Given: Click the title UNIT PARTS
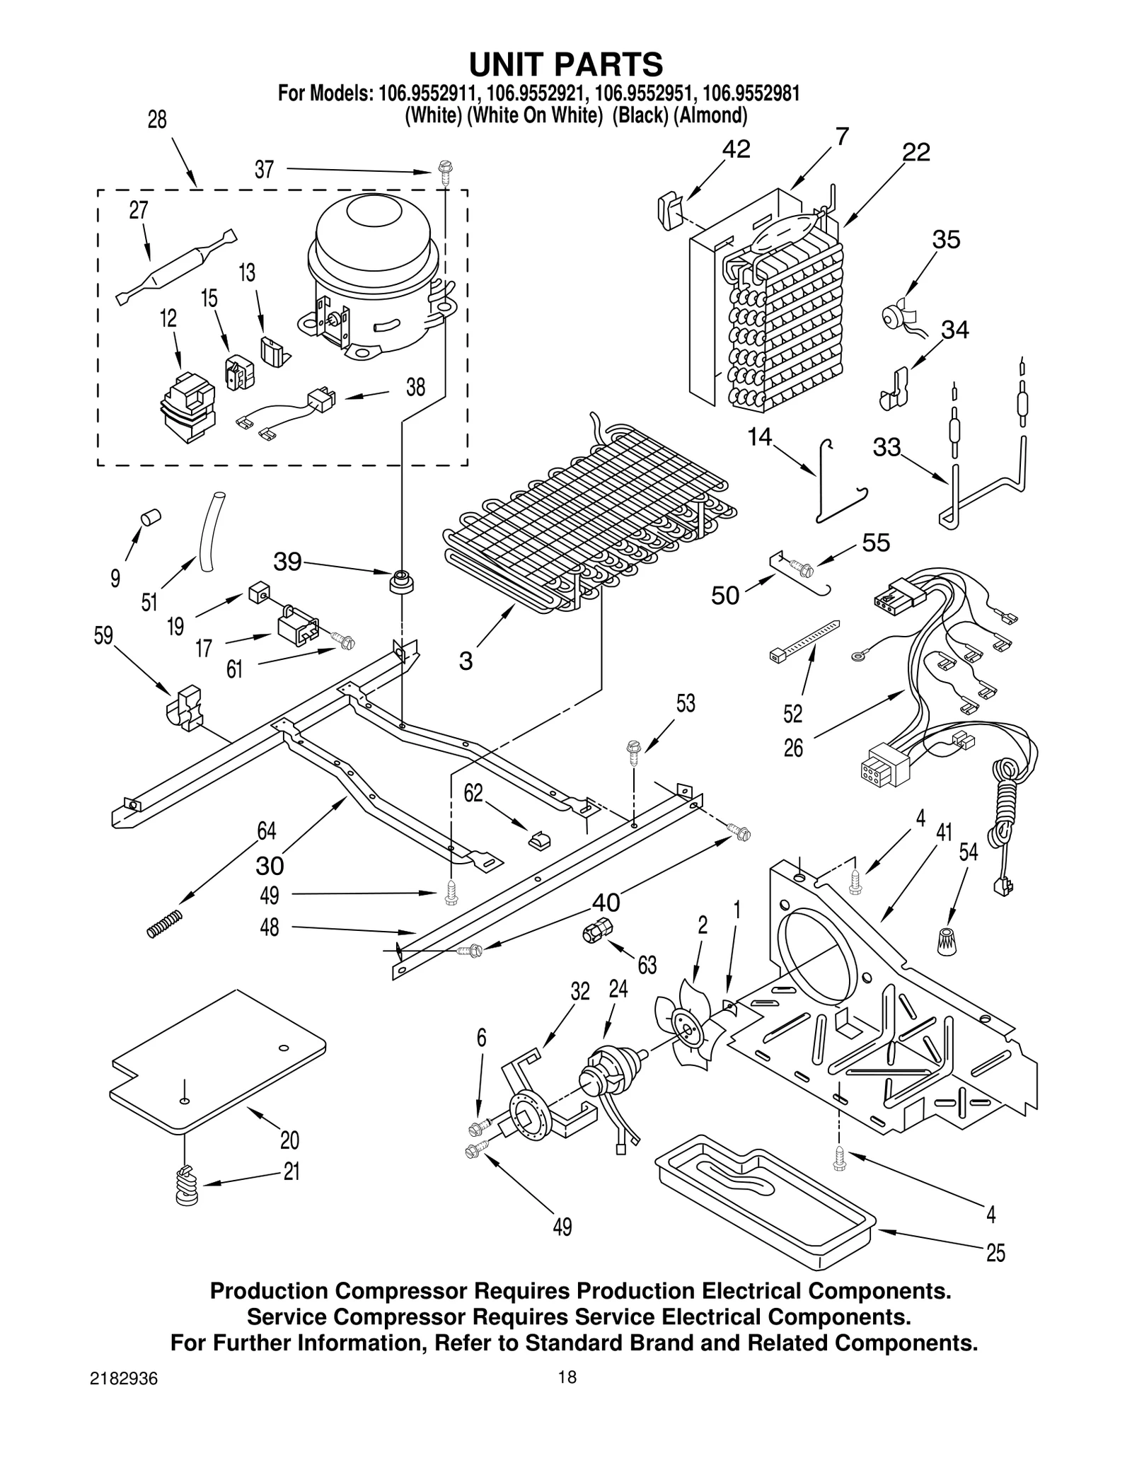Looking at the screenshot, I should click(566, 64).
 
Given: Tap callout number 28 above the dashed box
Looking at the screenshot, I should click(157, 120).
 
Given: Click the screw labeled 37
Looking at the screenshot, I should click(445, 172).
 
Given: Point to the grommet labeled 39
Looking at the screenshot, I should click(402, 582).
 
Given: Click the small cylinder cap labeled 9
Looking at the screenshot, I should click(151, 517).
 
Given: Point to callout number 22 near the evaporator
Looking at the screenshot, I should click(916, 153).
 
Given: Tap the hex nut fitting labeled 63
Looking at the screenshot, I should click(596, 932).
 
